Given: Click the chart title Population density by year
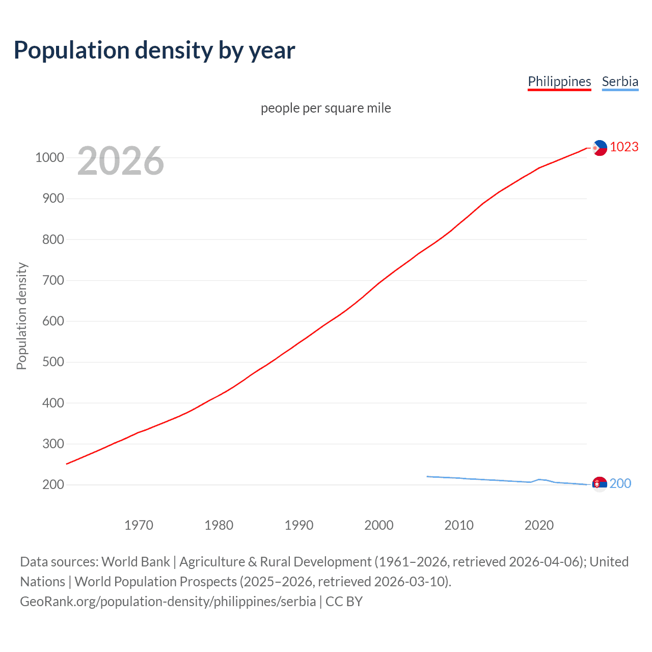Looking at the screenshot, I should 154,50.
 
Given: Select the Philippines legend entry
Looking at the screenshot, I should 559,81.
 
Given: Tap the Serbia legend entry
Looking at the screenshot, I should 620,81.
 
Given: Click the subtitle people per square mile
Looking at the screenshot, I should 325,108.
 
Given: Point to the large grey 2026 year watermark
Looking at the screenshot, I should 121,161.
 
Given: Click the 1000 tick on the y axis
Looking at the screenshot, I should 49,157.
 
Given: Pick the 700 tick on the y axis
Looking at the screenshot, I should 53,280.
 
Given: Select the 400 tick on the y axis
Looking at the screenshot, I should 53,403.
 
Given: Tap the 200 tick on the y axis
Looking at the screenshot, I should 53,484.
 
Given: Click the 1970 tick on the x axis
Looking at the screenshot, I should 139,525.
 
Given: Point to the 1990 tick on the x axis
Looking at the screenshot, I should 299,525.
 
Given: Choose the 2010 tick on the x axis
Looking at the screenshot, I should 459,525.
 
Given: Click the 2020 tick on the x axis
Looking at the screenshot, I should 539,525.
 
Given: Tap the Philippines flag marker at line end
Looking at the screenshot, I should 600,148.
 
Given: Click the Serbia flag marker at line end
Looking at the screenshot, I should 600,484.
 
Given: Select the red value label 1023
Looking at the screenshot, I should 624,147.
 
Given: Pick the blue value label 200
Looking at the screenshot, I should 620,483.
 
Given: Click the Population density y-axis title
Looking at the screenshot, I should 21,316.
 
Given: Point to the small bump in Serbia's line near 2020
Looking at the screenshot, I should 539,479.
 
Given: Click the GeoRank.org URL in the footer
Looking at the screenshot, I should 168,602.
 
